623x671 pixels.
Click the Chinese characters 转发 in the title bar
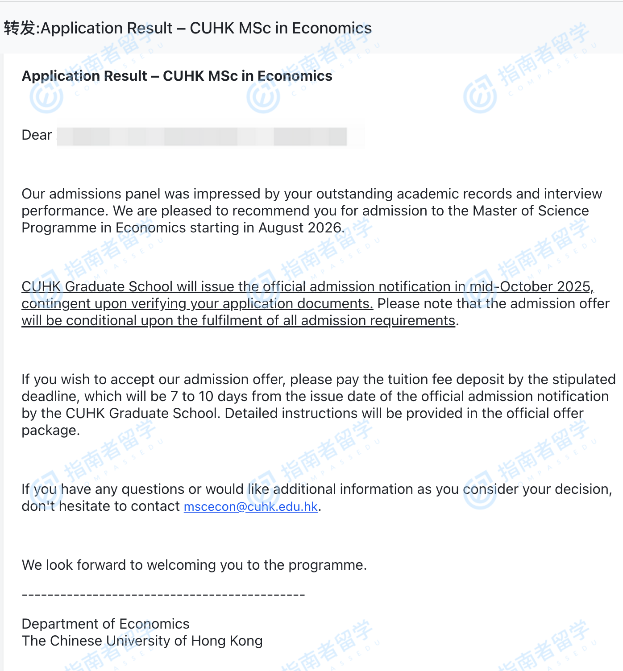(20, 28)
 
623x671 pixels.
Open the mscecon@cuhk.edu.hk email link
(250, 506)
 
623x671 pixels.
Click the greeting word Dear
(37, 135)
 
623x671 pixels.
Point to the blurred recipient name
(210, 136)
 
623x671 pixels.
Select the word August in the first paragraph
(281, 228)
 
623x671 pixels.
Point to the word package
(50, 430)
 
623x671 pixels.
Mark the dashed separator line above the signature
(163, 595)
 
